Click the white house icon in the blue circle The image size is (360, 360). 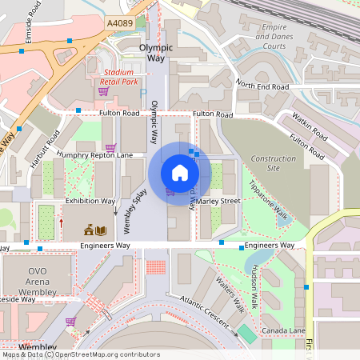180,173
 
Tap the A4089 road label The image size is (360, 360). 120,25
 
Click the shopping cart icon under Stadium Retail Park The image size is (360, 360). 103,91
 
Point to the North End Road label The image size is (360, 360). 262,86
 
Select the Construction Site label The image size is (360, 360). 273,163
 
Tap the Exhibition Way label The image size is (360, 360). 90,202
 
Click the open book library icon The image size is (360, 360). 100,230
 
